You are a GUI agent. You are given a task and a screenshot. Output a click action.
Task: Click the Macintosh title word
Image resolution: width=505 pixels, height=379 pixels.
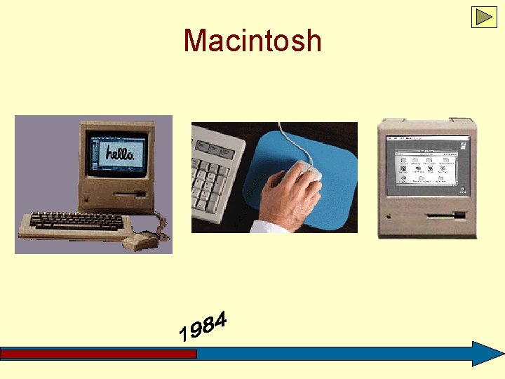coord(252,41)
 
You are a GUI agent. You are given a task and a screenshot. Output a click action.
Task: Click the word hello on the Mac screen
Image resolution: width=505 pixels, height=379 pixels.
coord(119,153)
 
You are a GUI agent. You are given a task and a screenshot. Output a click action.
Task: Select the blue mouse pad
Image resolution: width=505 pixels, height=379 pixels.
coord(330,161)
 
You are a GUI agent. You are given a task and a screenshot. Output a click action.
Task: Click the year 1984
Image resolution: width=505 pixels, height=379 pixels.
coord(203,327)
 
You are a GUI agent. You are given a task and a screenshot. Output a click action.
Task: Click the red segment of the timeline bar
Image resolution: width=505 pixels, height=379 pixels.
coord(98,354)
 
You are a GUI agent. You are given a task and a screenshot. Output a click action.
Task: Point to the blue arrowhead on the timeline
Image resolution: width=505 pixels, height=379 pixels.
coord(487,354)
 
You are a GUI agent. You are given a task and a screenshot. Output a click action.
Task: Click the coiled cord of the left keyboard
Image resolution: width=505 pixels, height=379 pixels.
coord(163,228)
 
